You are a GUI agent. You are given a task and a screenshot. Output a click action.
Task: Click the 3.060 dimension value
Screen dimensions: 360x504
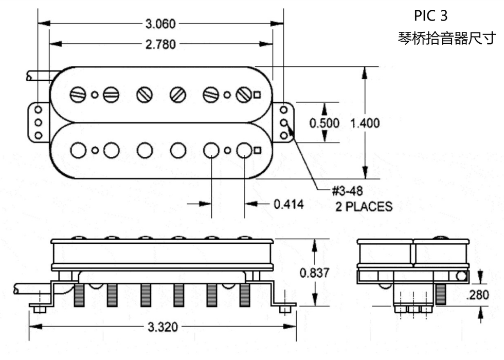coord(160,23)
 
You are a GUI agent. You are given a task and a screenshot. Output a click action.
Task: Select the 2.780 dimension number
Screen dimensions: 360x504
coord(160,44)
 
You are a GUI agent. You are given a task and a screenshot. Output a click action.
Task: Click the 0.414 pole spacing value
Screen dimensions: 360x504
coord(289,204)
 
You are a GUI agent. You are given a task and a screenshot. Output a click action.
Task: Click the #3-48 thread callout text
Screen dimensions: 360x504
coord(347,191)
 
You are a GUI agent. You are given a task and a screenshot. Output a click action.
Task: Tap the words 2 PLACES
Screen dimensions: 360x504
coord(364,207)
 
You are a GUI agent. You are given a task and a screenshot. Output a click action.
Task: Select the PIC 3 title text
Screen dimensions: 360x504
coord(430,15)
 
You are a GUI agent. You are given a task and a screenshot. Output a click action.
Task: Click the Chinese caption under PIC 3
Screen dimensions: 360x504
coord(446,39)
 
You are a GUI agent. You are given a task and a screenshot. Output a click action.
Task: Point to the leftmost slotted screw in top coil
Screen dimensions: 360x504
coord(78,95)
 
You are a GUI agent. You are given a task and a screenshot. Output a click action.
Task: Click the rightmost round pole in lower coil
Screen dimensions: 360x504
coord(244,150)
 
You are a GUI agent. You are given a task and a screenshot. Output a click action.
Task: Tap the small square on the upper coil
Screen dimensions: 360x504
coord(257,94)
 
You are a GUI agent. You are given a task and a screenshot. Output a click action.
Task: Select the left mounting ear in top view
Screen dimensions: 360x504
coord(38,122)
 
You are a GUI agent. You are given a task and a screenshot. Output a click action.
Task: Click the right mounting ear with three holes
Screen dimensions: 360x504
coord(283,122)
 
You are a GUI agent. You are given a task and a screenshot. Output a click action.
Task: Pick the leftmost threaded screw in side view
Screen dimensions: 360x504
coord(79,295)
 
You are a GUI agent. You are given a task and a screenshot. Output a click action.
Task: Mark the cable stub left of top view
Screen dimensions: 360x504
coord(38,76)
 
